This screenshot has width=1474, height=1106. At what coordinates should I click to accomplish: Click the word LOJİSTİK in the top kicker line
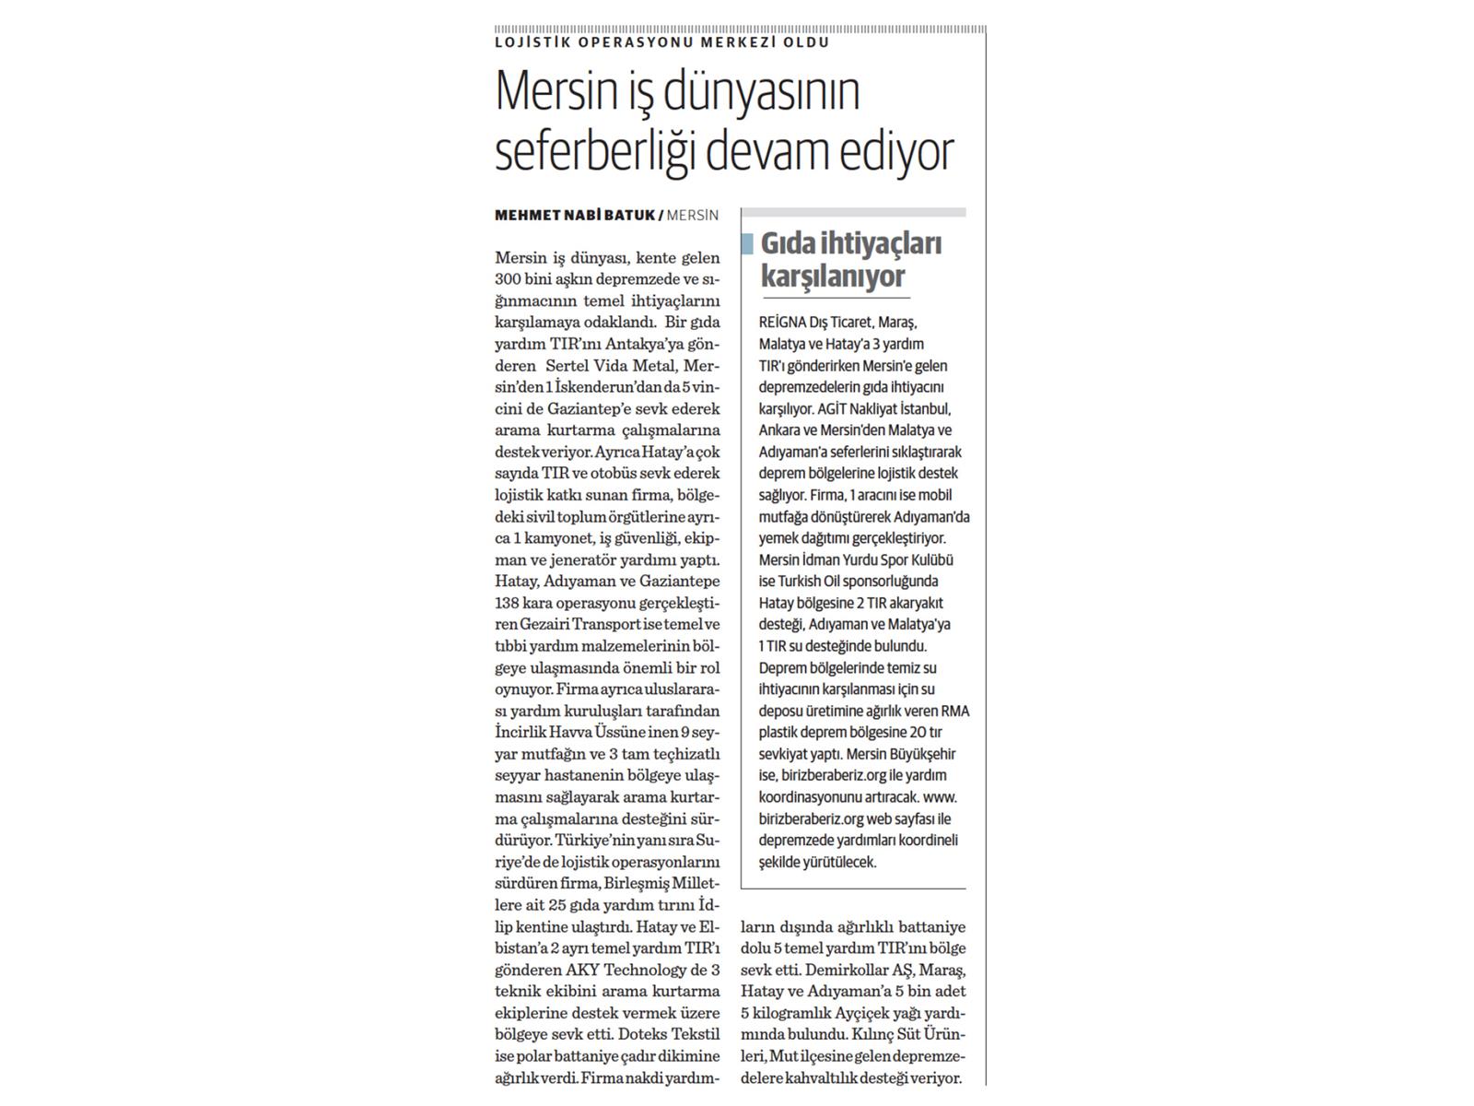coord(523,42)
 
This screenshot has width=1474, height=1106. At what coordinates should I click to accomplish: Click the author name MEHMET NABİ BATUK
coord(575,216)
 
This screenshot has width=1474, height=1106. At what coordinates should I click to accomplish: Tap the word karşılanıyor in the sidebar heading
coord(833,276)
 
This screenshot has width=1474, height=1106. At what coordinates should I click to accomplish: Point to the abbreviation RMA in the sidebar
coord(954,711)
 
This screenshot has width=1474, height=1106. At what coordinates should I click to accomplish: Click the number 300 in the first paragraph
coord(509,279)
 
